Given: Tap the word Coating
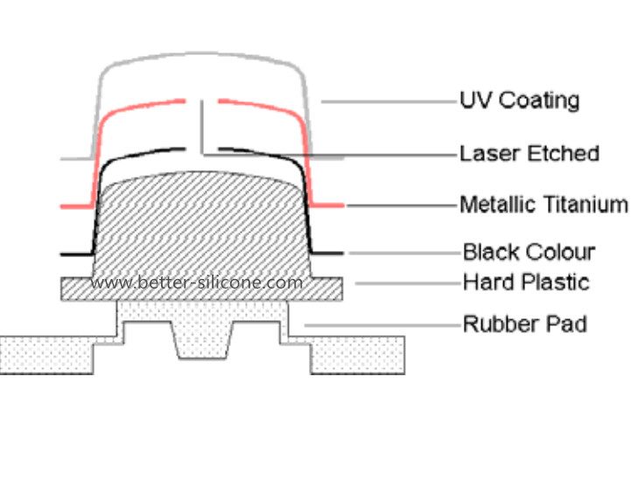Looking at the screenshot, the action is point(539,101).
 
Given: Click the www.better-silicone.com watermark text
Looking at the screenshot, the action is point(196,282).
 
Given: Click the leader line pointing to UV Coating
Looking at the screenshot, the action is point(389,101).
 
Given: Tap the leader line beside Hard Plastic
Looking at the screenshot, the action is point(407,283).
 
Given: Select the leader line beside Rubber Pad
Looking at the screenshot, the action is point(382,325).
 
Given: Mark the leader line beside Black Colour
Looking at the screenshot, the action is point(404,254).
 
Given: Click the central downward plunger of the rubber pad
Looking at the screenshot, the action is point(202,340).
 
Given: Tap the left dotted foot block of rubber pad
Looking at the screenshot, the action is point(47,356).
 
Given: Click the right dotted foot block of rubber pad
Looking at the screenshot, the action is point(357,356).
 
